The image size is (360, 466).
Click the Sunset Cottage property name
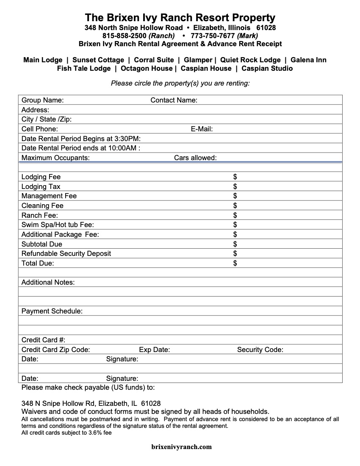tap(98, 60)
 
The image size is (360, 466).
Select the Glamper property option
tap(198, 60)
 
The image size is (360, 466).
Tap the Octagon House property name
tap(147, 69)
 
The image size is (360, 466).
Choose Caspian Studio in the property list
tap(267, 69)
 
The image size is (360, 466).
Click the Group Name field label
tap(42, 100)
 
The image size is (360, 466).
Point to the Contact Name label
tap(174, 100)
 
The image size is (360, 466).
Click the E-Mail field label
tap(202, 129)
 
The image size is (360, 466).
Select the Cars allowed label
tap(195, 158)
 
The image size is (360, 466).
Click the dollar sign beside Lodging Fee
tap(235, 177)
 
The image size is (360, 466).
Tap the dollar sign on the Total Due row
tap(235, 263)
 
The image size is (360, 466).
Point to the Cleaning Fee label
tap(42, 206)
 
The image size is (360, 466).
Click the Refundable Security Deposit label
tap(66, 254)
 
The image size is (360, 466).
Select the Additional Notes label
tap(48, 283)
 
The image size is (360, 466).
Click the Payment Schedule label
tap(52, 311)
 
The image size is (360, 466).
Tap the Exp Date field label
tap(154, 350)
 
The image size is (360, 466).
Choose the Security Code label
tap(260, 350)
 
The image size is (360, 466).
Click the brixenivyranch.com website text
tap(181, 447)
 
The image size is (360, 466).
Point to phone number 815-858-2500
tap(125, 36)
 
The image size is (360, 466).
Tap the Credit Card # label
tap(43, 340)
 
